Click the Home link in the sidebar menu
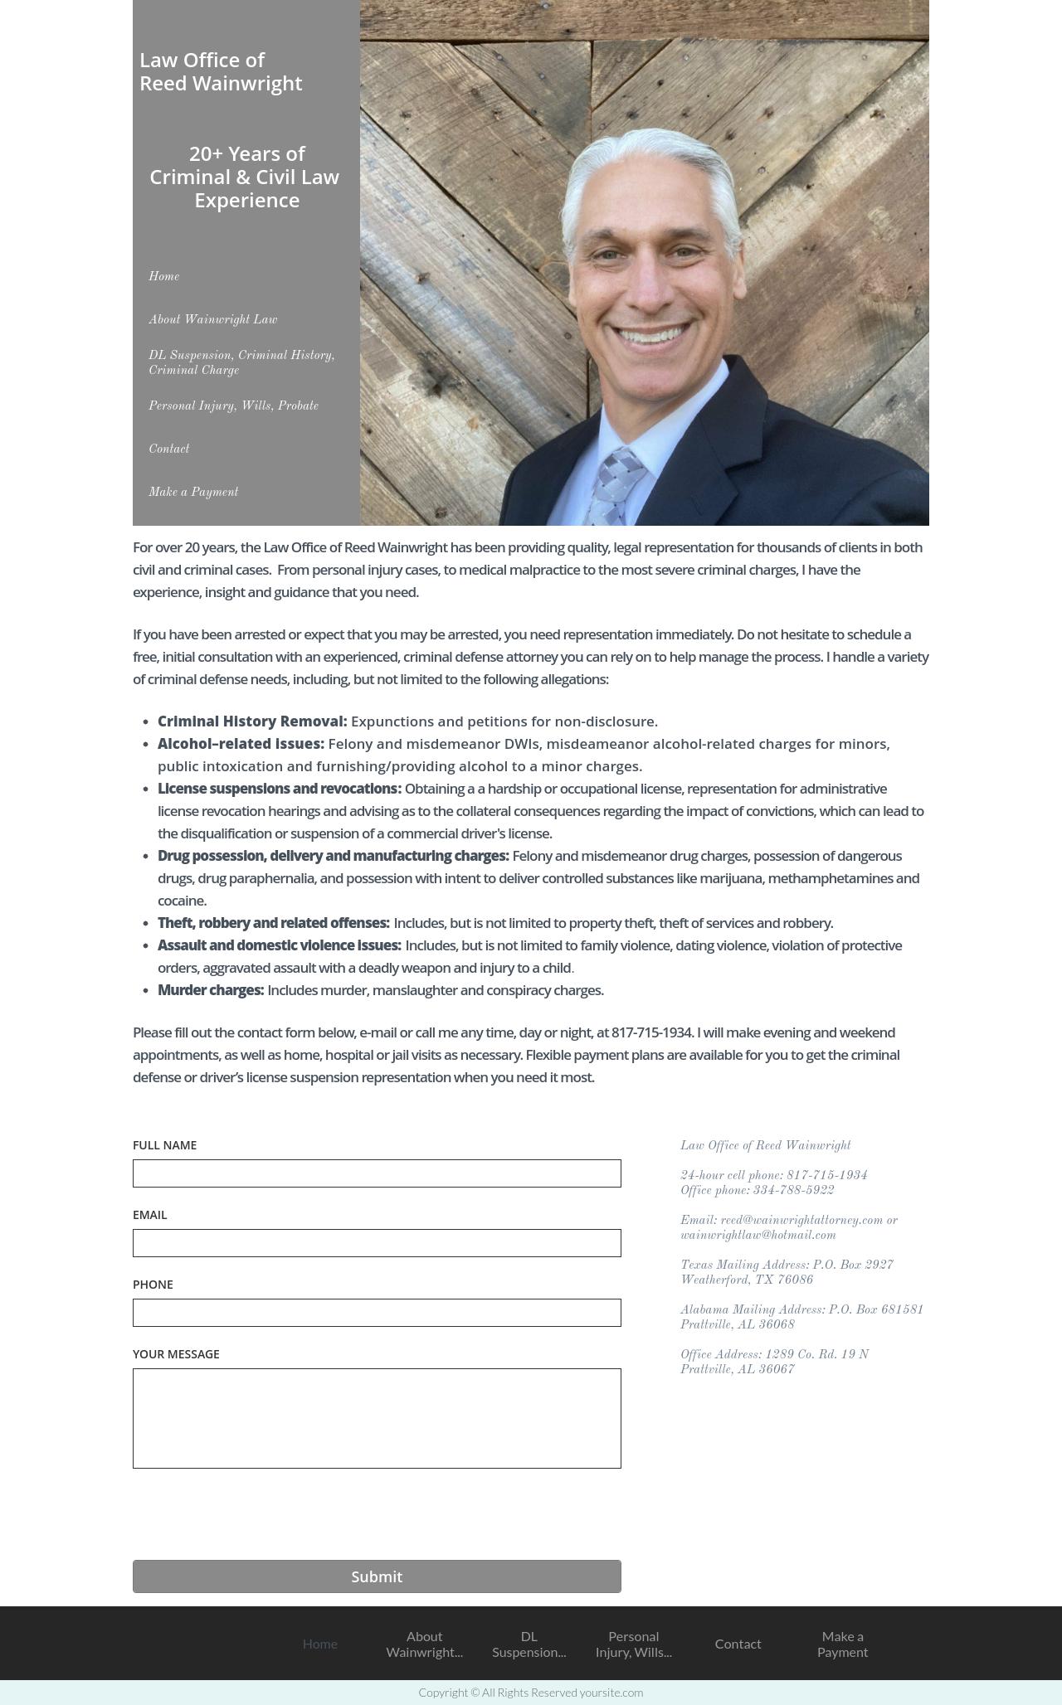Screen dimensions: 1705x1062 click(x=164, y=276)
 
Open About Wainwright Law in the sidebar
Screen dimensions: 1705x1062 click(x=213, y=319)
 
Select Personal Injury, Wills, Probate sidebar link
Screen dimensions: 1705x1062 click(x=234, y=406)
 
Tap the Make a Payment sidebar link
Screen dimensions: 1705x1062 click(x=193, y=492)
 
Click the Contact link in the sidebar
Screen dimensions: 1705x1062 click(x=169, y=449)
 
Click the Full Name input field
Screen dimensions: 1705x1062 click(x=377, y=1173)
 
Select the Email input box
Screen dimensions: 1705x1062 click(x=377, y=1243)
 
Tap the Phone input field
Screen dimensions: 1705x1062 click(x=377, y=1313)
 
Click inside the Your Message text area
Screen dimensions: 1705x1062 click(x=377, y=1418)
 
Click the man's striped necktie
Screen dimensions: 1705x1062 click(x=618, y=485)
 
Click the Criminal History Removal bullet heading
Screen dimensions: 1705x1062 click(x=252, y=721)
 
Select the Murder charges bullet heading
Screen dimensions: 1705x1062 click(x=211, y=990)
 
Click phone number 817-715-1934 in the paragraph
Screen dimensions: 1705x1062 click(x=651, y=1032)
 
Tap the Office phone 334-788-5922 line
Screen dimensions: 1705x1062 click(x=758, y=1191)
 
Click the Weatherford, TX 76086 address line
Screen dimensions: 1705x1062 click(x=747, y=1280)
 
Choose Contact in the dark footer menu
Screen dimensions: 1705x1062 click(x=738, y=1644)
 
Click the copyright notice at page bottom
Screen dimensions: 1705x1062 click(x=531, y=1693)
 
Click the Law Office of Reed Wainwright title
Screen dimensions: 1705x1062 click(x=221, y=71)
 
